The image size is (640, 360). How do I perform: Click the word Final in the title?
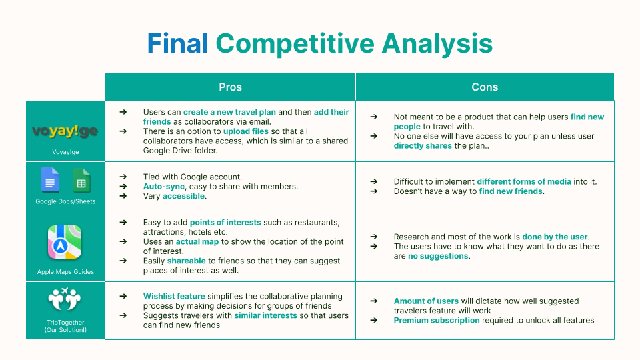(x=177, y=43)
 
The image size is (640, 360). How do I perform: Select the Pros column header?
(x=230, y=87)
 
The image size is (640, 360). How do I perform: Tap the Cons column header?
(x=485, y=87)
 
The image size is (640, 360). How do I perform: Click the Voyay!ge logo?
(x=65, y=131)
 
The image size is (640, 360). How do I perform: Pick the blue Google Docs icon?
(x=50, y=179)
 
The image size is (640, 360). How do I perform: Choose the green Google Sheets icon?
(x=81, y=180)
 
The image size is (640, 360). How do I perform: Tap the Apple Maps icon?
(x=65, y=242)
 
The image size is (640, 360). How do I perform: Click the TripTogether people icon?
(x=65, y=299)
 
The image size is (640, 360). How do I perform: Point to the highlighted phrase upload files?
(x=246, y=131)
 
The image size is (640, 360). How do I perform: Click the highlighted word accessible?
(x=184, y=196)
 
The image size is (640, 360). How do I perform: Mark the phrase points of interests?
(x=225, y=223)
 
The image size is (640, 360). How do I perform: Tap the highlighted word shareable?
(x=187, y=261)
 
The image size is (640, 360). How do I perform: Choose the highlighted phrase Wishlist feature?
(x=174, y=296)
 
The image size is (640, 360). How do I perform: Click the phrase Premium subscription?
(x=437, y=321)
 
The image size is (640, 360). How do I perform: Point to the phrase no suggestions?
(x=438, y=256)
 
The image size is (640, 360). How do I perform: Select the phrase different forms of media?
(x=524, y=181)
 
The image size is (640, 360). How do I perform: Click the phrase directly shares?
(x=423, y=146)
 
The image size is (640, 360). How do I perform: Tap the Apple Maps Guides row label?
(x=65, y=272)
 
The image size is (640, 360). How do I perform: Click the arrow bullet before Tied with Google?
(x=123, y=177)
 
